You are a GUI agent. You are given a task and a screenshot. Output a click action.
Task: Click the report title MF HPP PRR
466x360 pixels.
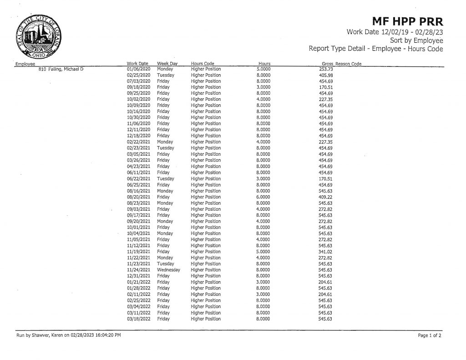point(407,21)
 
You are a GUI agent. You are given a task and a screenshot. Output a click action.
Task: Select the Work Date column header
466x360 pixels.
point(137,63)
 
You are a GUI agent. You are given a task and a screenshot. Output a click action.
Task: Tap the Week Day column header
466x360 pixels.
point(167,63)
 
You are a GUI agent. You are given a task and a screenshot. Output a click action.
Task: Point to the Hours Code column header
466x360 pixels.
point(203,63)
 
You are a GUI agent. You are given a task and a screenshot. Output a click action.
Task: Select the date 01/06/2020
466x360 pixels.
point(138,69)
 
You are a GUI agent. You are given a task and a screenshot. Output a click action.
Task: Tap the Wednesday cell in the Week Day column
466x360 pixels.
point(168,270)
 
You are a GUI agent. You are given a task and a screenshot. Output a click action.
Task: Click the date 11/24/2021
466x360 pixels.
point(138,270)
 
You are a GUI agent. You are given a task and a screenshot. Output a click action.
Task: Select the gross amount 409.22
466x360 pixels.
point(325,197)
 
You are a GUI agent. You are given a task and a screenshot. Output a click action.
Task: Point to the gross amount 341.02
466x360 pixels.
point(325,252)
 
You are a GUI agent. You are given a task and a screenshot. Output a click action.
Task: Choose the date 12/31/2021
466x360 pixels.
point(138,276)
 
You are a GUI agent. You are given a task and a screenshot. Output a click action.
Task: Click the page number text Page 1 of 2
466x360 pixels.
point(430,335)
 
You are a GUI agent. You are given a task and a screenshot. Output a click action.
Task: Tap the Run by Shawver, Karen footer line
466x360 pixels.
point(69,335)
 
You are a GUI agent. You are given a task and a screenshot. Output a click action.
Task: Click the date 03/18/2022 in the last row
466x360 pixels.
point(138,319)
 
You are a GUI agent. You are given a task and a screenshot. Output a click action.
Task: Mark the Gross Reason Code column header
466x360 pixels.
point(341,63)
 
